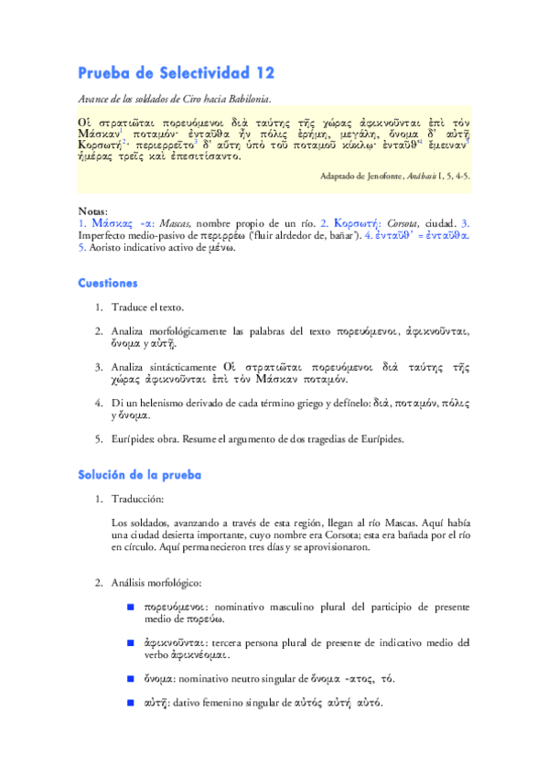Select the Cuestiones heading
108,284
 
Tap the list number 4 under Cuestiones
98,402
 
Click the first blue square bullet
131,608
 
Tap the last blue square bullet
131,703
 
